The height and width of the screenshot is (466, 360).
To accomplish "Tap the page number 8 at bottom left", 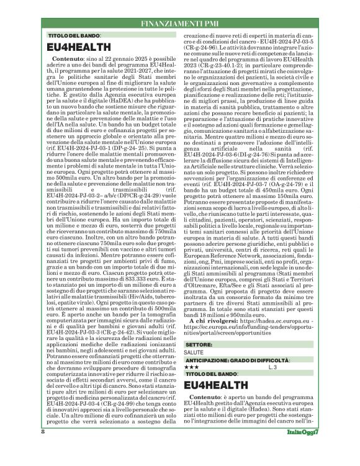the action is click(x=42, y=448).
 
